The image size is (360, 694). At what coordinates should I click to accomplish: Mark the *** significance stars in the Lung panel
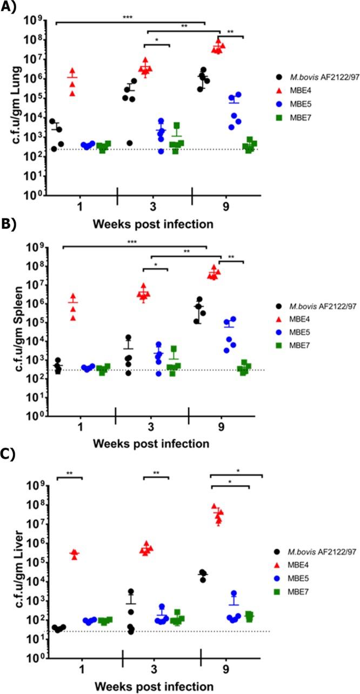click(128, 18)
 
